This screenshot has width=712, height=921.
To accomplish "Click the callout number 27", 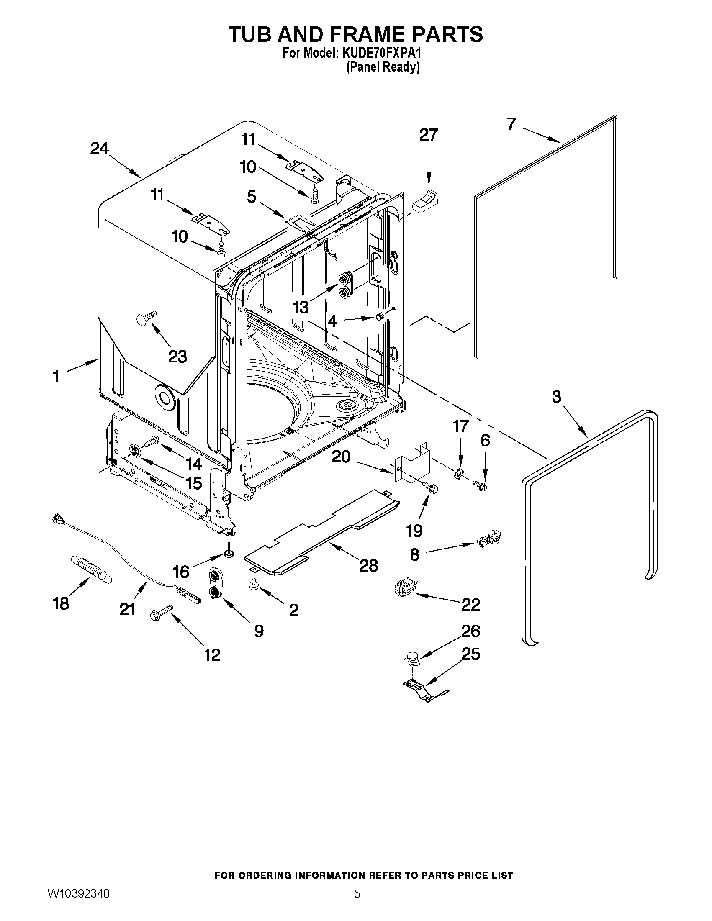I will (428, 135).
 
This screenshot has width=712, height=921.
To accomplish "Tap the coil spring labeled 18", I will (91, 570).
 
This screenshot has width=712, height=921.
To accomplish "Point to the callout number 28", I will (368, 565).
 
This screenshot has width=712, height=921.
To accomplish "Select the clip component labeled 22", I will (404, 587).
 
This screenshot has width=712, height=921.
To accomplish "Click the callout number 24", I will (100, 149).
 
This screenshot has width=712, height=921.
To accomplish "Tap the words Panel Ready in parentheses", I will (383, 67).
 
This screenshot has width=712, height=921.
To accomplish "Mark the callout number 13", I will (301, 308).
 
